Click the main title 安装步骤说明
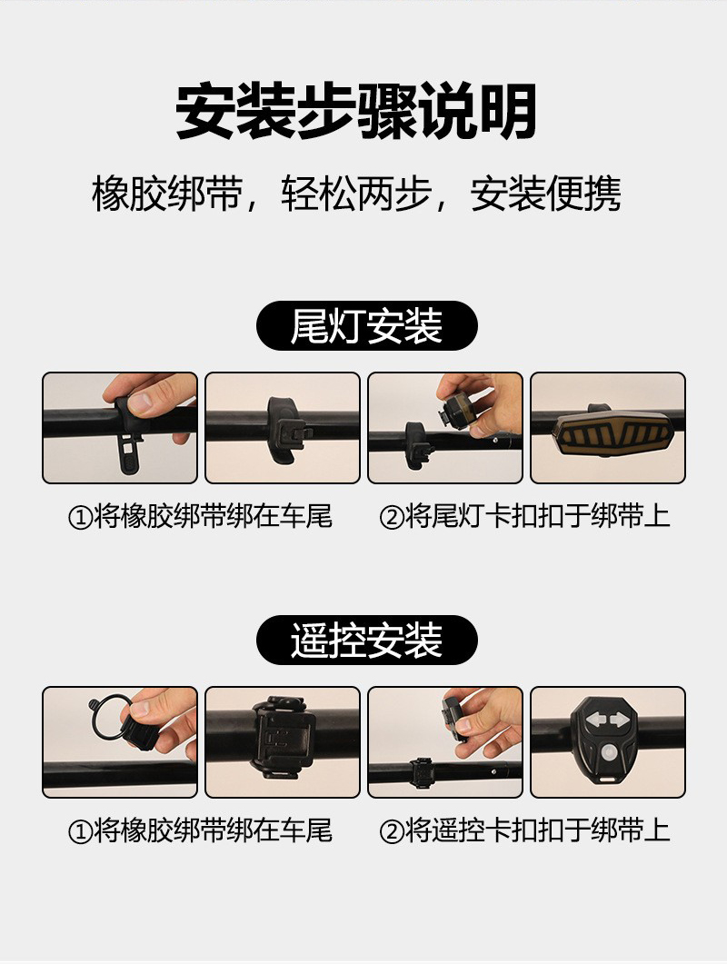[x=356, y=112]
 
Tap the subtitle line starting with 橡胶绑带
[x=357, y=194]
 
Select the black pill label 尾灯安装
[x=366, y=325]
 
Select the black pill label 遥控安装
[x=366, y=640]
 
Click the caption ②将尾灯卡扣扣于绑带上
[x=524, y=516]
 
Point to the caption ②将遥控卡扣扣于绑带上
[x=524, y=830]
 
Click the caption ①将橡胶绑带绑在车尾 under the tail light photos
[x=200, y=516]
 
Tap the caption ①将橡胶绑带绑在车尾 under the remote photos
[x=200, y=830]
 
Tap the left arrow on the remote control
[x=595, y=719]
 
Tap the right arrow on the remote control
[x=620, y=719]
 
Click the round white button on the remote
[x=608, y=752]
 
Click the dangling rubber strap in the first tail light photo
[x=130, y=455]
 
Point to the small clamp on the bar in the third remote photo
[x=422, y=769]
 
